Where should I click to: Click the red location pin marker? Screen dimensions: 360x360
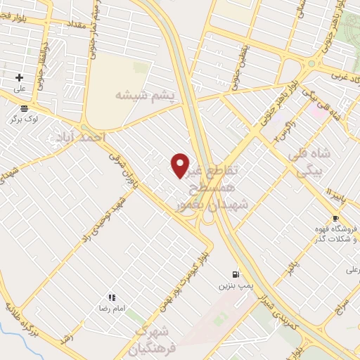180,165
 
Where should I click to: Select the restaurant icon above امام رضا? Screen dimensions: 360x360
111,298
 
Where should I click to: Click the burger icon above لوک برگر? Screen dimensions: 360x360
25,108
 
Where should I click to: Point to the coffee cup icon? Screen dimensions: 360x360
335,218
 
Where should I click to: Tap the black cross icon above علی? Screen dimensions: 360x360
20,77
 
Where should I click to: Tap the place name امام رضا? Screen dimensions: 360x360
111,309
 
